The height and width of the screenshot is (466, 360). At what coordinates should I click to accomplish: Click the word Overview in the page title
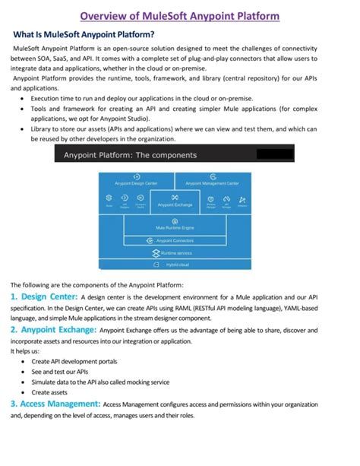107,15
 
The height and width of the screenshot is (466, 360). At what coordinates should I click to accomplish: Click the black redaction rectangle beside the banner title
275,155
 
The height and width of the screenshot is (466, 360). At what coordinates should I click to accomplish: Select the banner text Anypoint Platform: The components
130,155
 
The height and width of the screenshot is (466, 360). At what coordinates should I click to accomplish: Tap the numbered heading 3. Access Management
55,404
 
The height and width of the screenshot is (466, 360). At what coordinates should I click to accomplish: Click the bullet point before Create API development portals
24,360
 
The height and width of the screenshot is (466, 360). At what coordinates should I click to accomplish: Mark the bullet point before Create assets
24,392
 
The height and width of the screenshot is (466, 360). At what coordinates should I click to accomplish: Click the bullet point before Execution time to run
24,100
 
